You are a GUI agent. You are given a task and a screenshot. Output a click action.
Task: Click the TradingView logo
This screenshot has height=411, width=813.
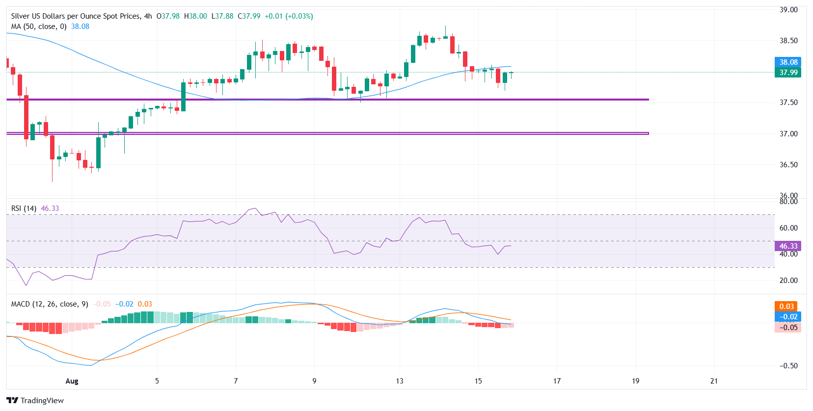(35, 400)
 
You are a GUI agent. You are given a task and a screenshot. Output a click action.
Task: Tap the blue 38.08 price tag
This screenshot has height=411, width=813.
(788, 62)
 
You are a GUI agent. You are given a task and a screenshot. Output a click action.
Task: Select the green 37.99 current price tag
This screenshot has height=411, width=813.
(788, 73)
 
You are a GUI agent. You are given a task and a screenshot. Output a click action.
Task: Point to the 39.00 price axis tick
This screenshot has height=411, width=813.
(788, 10)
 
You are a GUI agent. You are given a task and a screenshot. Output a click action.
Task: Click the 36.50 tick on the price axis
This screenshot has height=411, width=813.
(788, 165)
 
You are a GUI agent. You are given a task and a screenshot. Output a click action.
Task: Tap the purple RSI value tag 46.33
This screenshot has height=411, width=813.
(788, 246)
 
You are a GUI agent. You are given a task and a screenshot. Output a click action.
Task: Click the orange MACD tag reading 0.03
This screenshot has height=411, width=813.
(786, 307)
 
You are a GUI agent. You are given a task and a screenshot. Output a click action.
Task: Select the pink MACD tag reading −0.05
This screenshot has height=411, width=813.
(788, 328)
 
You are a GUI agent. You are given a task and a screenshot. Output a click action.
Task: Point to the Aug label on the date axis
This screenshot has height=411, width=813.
(72, 381)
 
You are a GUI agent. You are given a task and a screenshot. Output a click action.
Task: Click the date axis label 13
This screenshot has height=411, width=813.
(400, 381)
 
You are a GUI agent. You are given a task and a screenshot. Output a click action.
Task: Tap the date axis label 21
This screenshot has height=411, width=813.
(714, 381)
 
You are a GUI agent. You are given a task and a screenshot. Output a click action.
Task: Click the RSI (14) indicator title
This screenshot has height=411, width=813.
(24, 208)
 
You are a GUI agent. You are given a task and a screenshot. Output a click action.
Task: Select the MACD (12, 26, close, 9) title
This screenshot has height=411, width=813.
(50, 304)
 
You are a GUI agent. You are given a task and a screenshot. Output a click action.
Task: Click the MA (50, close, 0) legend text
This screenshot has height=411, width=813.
(39, 26)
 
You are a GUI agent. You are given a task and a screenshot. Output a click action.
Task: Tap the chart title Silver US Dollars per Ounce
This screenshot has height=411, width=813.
(76, 16)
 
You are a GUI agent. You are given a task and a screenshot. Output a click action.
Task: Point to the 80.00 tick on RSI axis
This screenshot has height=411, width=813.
(788, 202)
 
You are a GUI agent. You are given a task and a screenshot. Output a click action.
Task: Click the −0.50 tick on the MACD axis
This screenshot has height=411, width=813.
(788, 366)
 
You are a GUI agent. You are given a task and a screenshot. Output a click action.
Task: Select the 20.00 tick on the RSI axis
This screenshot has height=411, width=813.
(788, 281)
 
